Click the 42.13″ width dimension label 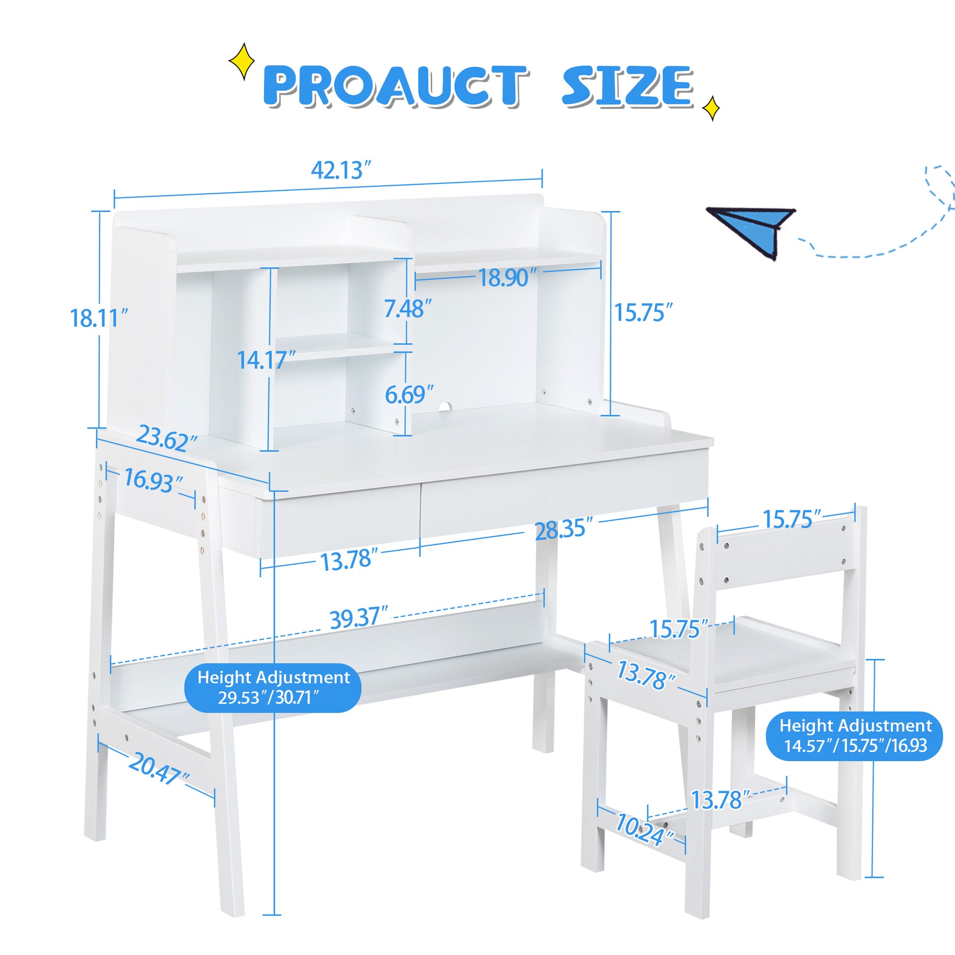341,171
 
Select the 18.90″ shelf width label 504,278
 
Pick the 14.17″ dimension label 266,360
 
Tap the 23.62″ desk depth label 167,438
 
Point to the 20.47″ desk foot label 159,770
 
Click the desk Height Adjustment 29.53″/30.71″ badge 273,688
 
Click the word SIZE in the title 627,87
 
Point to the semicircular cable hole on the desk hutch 446,406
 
